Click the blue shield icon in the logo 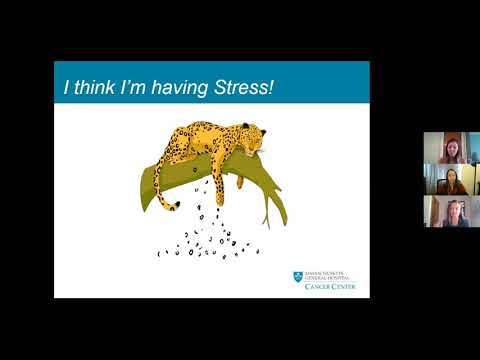point(298,275)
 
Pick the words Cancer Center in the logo point(331,286)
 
